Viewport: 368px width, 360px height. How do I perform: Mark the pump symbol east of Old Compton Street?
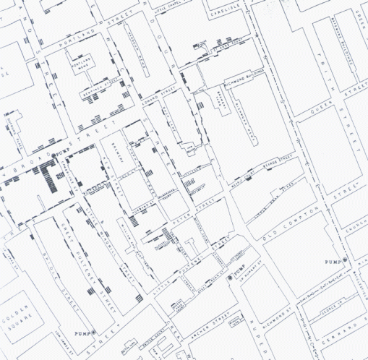pos(346,259)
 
